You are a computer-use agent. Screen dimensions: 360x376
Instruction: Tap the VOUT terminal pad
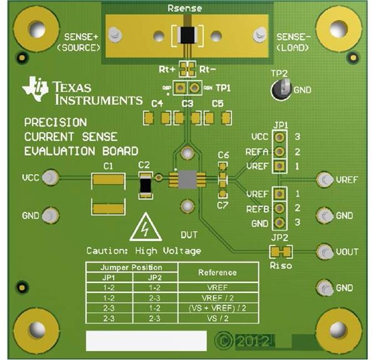(x=325, y=252)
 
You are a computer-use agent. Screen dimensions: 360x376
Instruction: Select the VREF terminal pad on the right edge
(x=325, y=180)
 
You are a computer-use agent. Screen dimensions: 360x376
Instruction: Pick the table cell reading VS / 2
(x=217, y=318)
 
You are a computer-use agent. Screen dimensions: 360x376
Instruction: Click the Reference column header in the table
(x=217, y=272)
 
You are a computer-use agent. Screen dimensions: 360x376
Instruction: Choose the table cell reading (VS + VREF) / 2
(x=217, y=308)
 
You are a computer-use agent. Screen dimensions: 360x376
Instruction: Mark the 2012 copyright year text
(x=253, y=342)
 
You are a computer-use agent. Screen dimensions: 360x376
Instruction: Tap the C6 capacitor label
(x=223, y=155)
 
